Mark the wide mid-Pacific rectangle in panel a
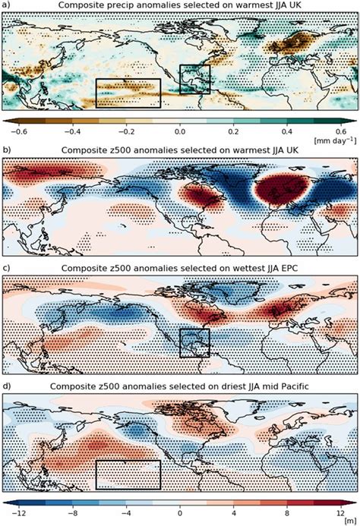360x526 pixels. point(128,93)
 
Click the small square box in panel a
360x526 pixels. point(194,80)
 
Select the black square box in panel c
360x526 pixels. point(194,343)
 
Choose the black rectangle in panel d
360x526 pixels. point(128,474)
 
